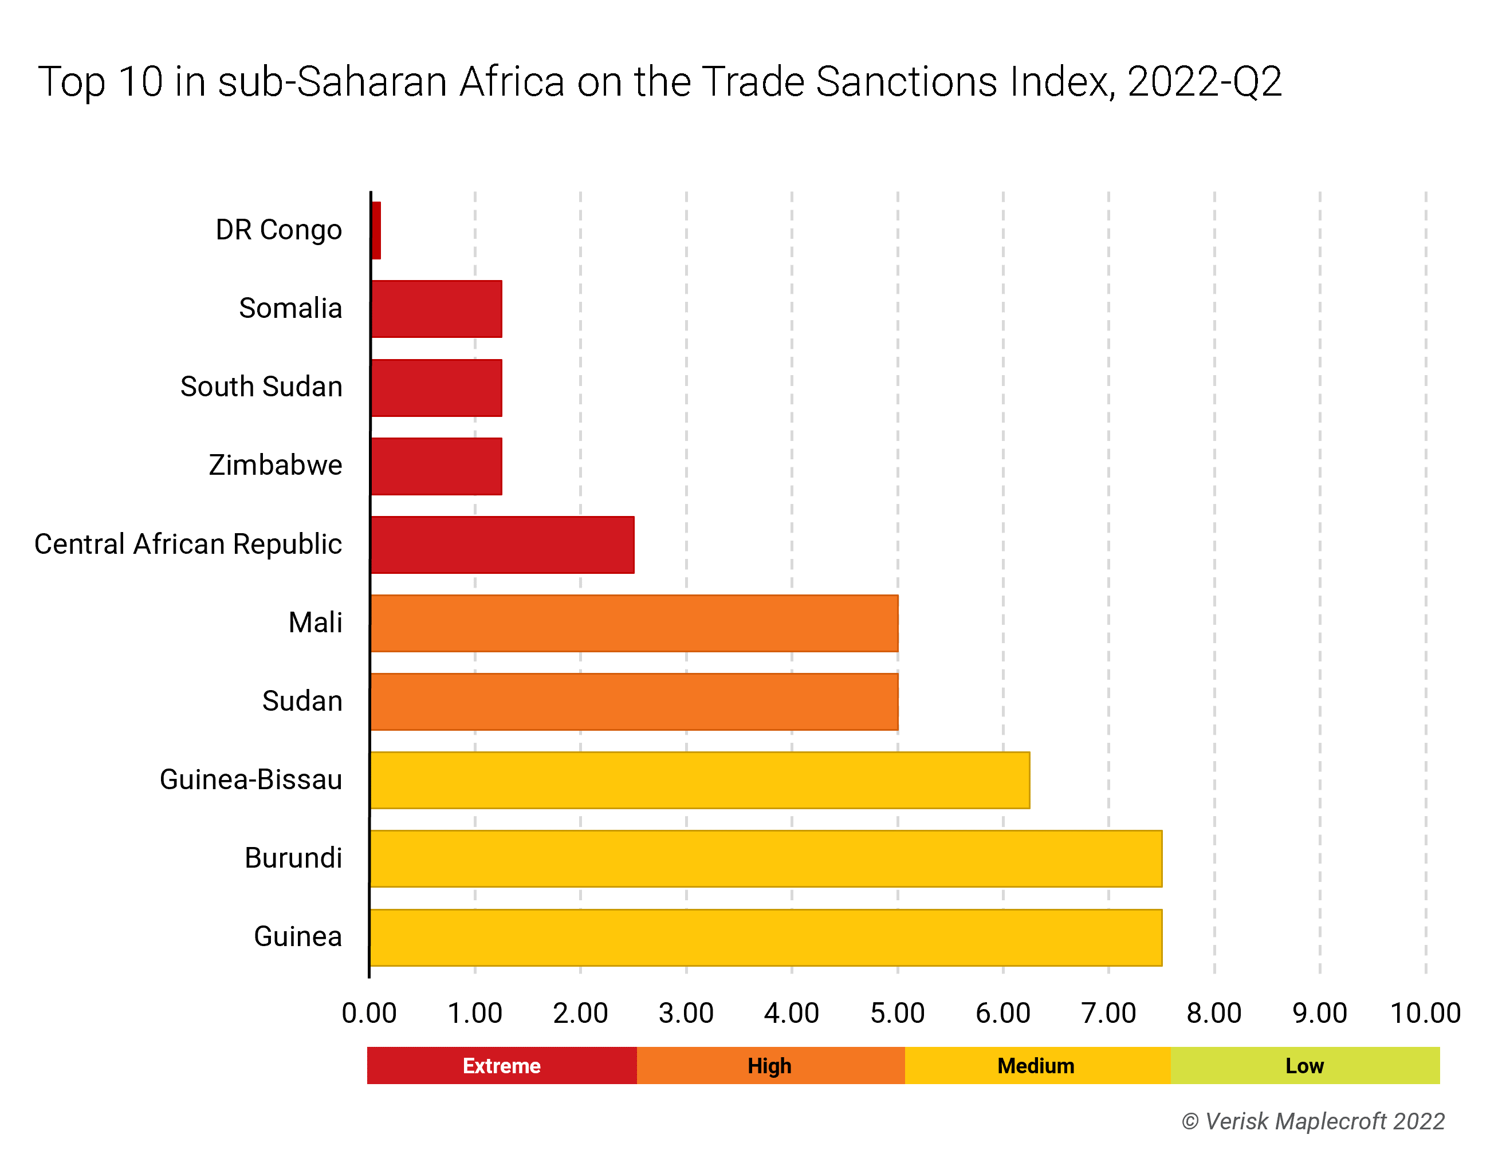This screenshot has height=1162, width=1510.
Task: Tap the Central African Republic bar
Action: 502,544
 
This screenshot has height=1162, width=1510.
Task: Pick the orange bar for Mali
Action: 634,623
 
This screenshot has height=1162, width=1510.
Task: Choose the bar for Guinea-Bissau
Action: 699,780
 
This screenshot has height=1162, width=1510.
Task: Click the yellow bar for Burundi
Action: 765,858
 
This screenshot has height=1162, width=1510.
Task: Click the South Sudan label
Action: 261,387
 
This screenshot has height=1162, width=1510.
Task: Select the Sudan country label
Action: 302,701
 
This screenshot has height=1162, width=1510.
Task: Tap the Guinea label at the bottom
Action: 298,937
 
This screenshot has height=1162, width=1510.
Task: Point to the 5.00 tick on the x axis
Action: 898,1013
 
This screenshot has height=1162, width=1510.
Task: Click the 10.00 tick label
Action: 1425,1013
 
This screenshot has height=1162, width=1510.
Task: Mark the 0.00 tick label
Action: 369,1013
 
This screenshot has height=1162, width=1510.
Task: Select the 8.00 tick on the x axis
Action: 1214,1013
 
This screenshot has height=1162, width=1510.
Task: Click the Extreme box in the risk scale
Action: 501,1065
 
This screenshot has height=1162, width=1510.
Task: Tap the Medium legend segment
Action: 1036,1065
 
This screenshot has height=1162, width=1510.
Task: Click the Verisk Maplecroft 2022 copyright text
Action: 1313,1121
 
